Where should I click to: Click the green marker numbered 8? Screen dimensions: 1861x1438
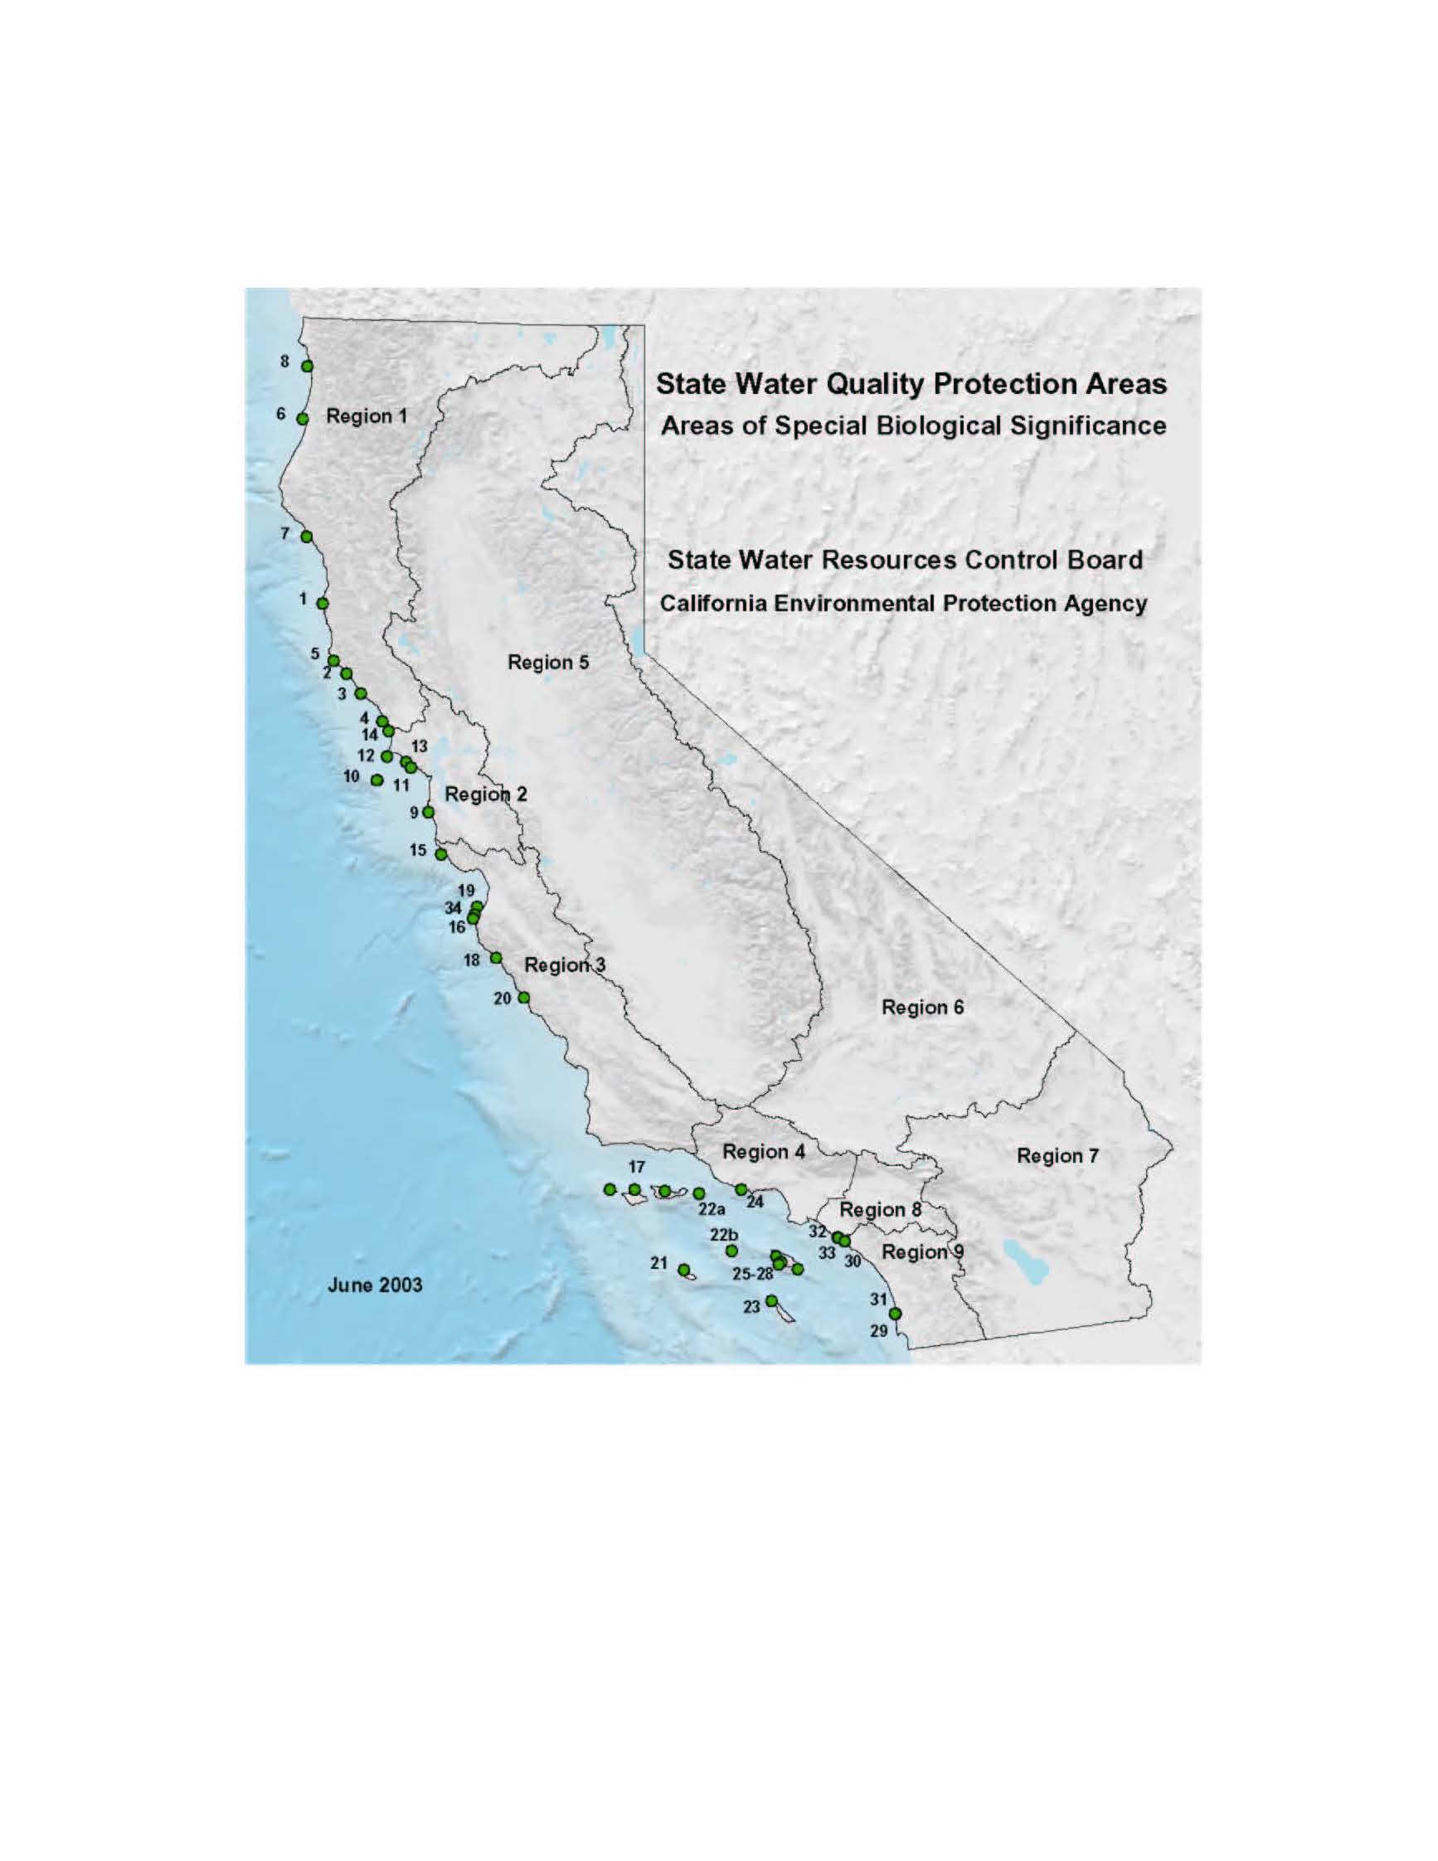click(308, 366)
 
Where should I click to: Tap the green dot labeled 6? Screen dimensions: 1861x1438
click(303, 418)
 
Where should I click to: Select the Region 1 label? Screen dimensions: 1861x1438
click(367, 415)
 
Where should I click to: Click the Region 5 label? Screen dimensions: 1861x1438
click(548, 662)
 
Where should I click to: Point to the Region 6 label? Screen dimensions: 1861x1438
click(923, 1007)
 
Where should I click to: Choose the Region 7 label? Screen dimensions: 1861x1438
click(1057, 1155)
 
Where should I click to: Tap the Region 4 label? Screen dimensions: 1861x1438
click(763, 1151)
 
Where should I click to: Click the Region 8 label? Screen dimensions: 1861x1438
click(880, 1209)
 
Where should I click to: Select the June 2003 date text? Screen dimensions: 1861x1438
click(375, 1285)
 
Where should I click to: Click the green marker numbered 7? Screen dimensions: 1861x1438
click(307, 536)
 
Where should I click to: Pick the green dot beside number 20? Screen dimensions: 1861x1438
click(524, 998)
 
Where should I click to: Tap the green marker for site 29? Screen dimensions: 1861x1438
click(895, 1313)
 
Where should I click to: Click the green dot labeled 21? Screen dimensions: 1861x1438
click(683, 1269)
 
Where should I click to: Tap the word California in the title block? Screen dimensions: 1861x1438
click(712, 603)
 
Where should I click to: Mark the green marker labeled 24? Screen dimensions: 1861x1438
click(741, 1188)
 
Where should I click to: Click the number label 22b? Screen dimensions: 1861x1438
click(724, 1235)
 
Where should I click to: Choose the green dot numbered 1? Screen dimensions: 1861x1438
click(322, 603)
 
